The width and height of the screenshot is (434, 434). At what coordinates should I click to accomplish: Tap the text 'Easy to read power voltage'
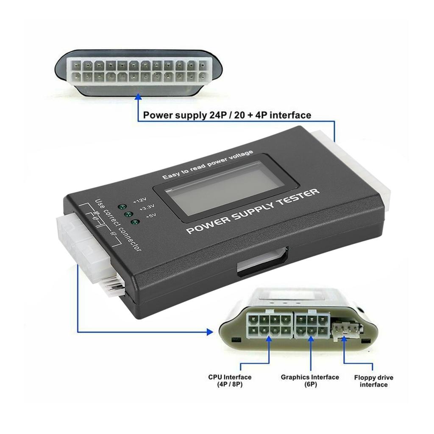coord(207,165)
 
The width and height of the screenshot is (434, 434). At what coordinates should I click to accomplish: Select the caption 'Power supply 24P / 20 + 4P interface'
coord(227,115)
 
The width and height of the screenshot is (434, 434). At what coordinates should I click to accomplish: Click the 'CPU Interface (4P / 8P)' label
coord(230,381)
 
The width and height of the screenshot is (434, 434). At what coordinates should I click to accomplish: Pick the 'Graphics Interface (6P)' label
coord(310,381)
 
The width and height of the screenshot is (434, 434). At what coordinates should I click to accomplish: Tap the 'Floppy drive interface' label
coord(373,381)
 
